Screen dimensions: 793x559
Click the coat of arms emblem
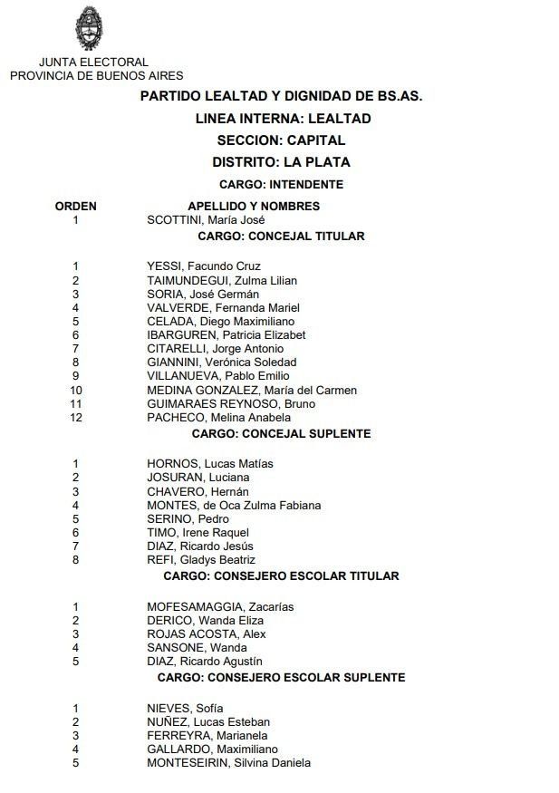point(88,28)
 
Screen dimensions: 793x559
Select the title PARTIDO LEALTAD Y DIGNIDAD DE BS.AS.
point(281,95)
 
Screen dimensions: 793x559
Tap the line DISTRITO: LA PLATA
point(281,162)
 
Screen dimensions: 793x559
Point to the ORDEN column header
point(76,206)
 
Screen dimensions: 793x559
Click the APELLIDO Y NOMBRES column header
point(254,206)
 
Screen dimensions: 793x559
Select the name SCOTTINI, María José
point(206,219)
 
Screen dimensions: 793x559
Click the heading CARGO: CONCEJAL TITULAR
point(281,236)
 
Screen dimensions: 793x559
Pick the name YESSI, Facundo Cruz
point(204,266)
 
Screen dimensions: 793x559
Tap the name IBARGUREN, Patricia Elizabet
point(226,335)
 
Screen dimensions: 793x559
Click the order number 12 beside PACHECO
point(76,418)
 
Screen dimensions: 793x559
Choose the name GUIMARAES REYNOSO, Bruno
point(231,404)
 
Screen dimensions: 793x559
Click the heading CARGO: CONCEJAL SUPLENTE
point(281,433)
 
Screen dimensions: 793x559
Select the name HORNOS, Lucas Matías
point(210,464)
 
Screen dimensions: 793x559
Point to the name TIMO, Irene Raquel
point(198,533)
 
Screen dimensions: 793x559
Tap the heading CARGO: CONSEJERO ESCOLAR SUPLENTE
point(281,677)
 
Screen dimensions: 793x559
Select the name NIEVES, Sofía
point(185,709)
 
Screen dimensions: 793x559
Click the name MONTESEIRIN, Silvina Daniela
point(228,763)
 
